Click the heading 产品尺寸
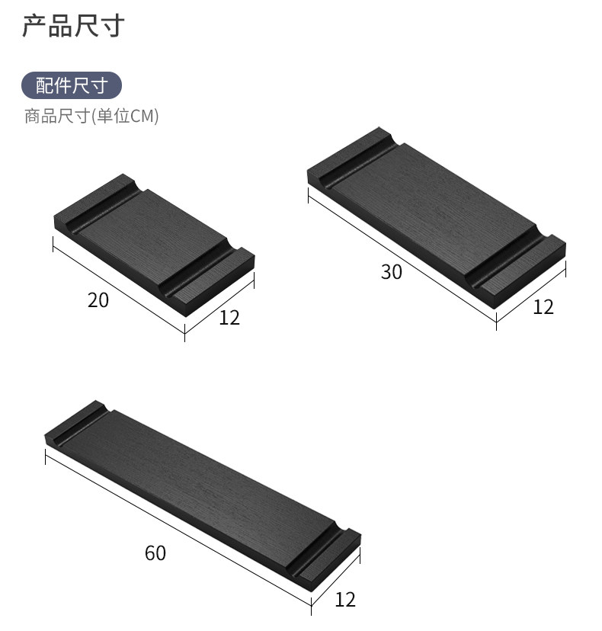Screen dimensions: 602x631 (72, 27)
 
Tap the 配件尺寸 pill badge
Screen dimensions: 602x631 (72, 85)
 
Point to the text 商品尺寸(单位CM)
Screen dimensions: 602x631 (91, 117)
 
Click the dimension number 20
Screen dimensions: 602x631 (98, 300)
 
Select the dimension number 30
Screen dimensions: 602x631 (391, 271)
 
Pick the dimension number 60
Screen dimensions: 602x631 (155, 553)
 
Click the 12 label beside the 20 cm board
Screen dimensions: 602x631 (229, 317)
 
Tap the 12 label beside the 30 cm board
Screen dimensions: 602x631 (543, 307)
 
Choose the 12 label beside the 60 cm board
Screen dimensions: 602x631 (345, 600)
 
